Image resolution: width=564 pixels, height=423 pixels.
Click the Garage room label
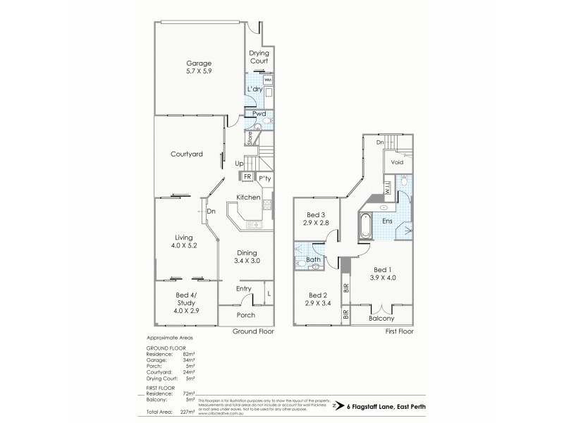point(199,63)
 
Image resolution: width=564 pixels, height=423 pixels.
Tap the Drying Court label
point(259,58)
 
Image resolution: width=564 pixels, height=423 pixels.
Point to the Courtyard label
point(188,154)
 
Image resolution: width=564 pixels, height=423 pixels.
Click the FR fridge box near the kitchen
point(247,177)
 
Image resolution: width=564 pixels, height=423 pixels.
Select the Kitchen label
point(249,197)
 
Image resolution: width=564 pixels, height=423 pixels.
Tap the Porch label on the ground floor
point(245,314)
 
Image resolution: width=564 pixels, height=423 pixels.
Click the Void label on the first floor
point(398,162)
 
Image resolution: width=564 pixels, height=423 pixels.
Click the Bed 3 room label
point(316,215)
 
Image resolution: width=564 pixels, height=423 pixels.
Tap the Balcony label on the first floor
point(382,318)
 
